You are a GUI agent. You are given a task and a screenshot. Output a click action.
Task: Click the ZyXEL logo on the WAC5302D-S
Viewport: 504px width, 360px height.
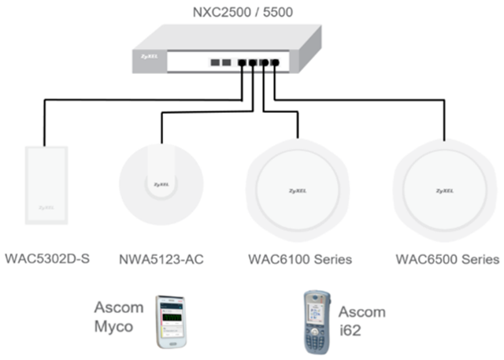pos(45,210)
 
